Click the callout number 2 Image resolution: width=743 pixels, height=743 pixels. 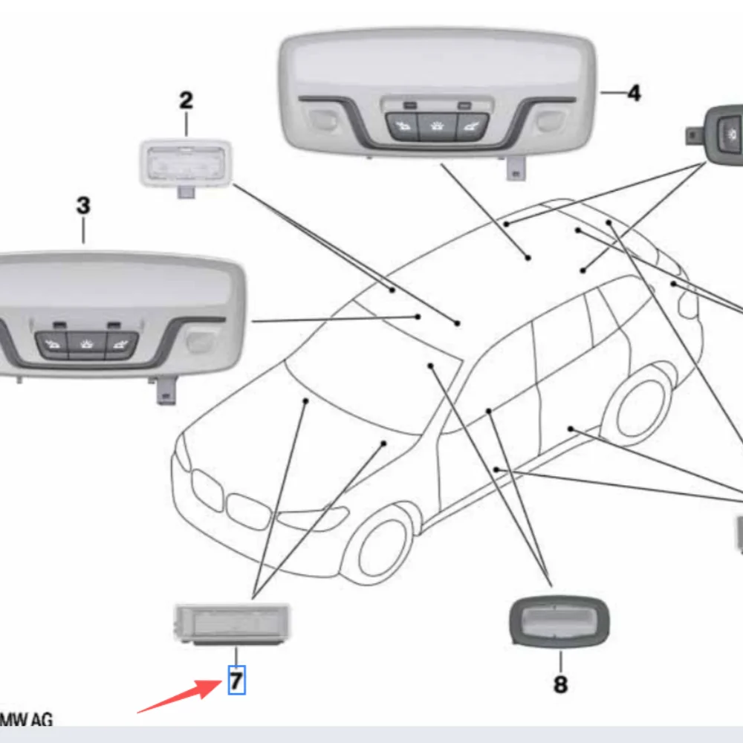(186, 100)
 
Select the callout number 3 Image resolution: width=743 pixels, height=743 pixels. (83, 206)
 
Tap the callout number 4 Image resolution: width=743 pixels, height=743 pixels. (633, 93)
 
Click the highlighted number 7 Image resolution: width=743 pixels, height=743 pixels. (236, 680)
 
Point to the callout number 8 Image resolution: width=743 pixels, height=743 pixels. (560, 684)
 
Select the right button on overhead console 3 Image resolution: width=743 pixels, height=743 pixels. (121, 345)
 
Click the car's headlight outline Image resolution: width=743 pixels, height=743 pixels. (312, 517)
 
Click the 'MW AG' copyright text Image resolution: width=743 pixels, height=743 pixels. (26, 719)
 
